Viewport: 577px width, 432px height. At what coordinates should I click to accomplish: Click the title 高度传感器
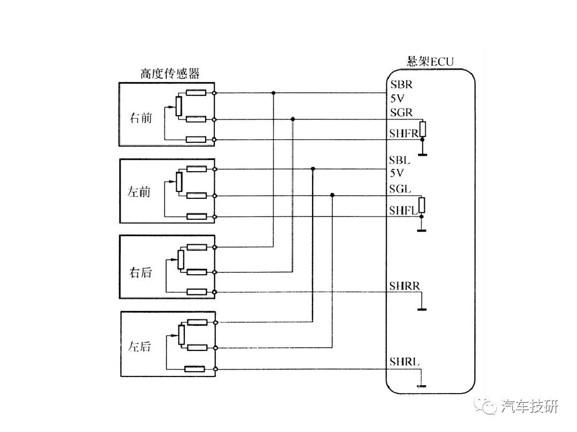[x=170, y=74]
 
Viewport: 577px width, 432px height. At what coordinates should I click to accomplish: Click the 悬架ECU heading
[x=430, y=61]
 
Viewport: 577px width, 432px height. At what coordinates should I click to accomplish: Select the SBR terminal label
[x=401, y=84]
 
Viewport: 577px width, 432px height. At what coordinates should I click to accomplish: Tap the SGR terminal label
[x=401, y=112]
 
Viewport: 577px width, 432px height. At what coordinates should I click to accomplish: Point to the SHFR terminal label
[x=404, y=133]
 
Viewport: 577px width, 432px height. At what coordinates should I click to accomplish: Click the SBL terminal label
[x=400, y=160]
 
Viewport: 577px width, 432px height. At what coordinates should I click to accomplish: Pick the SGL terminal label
[x=400, y=189]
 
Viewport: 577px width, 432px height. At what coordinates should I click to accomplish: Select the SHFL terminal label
[x=403, y=210]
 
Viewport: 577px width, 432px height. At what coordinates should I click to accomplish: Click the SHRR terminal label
[x=404, y=285]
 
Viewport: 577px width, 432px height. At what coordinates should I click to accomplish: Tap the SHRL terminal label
[x=404, y=362]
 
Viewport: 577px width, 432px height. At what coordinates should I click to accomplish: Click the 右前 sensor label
[x=141, y=118]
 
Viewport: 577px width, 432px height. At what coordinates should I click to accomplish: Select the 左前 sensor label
[x=139, y=192]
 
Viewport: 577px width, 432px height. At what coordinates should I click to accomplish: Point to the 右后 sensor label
[x=140, y=273]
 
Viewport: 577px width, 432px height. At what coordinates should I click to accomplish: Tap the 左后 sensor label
[x=139, y=346]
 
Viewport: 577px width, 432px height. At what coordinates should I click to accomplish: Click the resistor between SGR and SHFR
[x=423, y=129]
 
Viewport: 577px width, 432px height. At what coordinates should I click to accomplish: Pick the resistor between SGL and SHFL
[x=422, y=205]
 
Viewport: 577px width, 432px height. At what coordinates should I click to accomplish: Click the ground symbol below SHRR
[x=422, y=309]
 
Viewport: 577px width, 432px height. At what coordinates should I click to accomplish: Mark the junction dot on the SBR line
[x=274, y=93]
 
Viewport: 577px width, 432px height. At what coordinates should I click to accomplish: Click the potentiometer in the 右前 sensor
[x=179, y=106]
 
